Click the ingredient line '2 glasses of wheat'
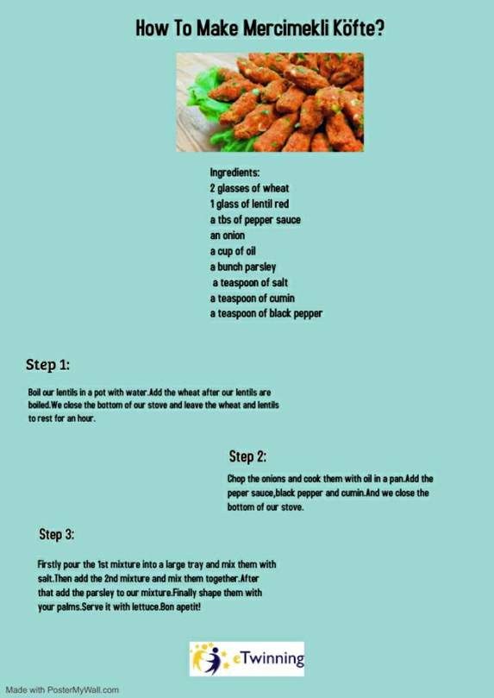point(249,188)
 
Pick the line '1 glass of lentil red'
point(248,204)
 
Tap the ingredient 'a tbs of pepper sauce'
point(255,219)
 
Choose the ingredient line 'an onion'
point(228,235)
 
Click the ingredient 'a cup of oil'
point(233,251)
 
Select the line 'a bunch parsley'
point(243,267)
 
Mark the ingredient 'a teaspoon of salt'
point(248,282)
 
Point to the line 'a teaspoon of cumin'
point(252,298)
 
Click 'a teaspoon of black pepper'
point(266,313)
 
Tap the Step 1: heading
point(47,364)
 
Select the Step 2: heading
point(247,456)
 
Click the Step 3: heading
point(57,535)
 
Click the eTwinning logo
point(247,658)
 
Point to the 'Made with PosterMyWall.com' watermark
point(62,690)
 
